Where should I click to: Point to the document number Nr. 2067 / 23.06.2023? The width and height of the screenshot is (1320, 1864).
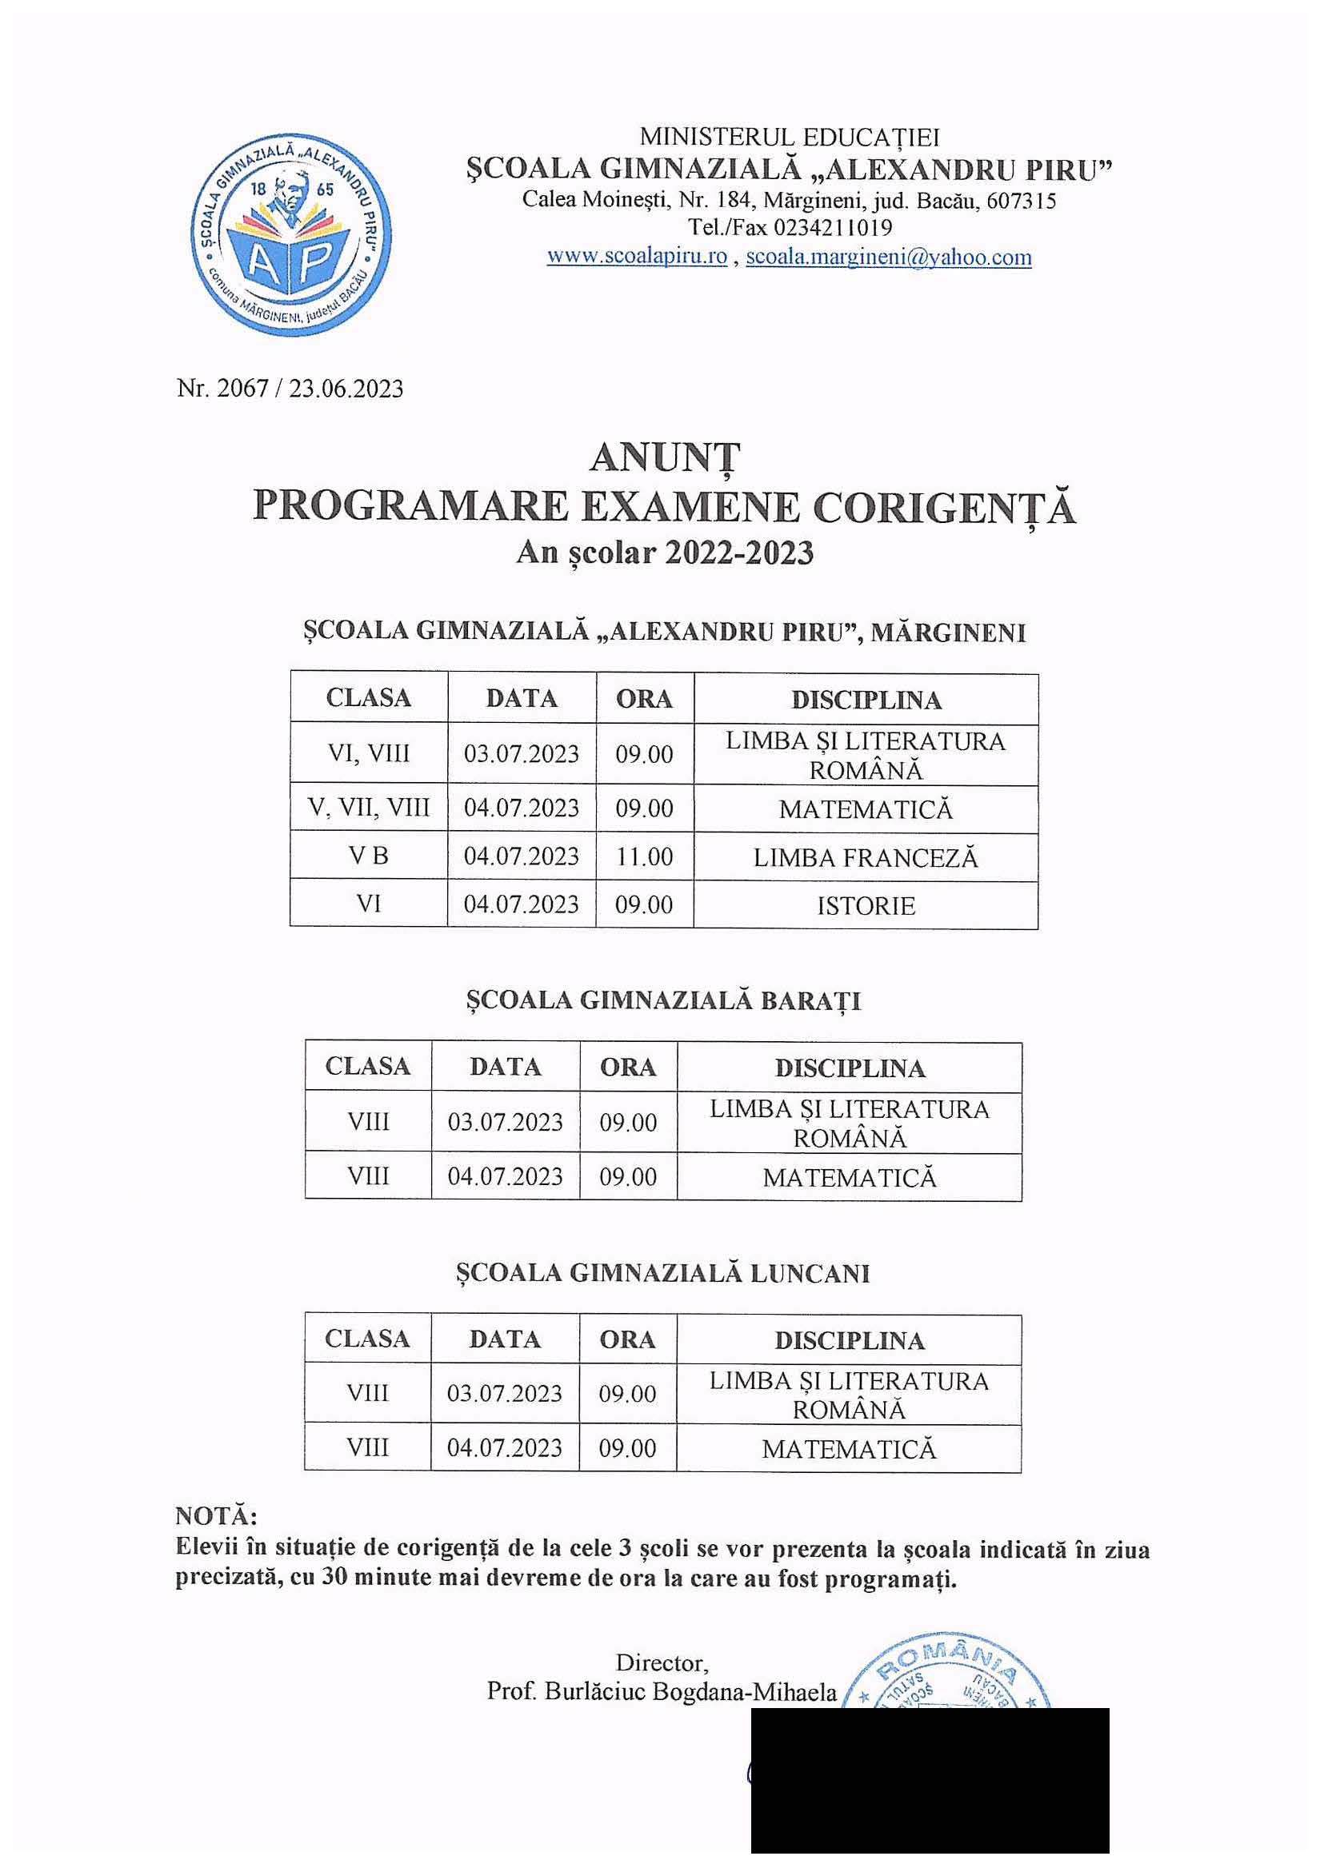(x=290, y=389)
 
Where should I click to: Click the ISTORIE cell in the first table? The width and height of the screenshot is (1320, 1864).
(x=866, y=905)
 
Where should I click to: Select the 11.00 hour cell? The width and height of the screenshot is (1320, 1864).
(x=644, y=856)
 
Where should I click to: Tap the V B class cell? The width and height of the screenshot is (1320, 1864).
(x=368, y=856)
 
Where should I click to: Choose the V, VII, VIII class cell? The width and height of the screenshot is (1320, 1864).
(x=368, y=808)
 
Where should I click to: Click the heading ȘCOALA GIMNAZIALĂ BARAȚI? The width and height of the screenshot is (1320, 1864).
(x=663, y=1001)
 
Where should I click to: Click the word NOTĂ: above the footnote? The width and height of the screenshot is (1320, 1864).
(x=215, y=1516)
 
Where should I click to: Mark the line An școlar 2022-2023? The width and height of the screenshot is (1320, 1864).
(x=664, y=553)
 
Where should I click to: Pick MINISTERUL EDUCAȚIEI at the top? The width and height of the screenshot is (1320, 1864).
(x=790, y=137)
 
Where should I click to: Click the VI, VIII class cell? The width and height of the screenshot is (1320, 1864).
(x=368, y=754)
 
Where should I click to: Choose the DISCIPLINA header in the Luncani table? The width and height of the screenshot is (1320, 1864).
(x=849, y=1340)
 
